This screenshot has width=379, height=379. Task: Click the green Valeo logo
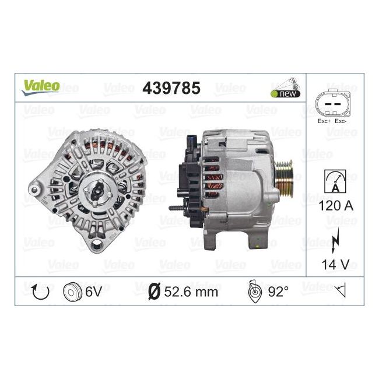pos(41,87)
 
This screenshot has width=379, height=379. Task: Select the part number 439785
pos(171,88)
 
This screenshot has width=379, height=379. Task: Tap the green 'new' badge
pos(286,93)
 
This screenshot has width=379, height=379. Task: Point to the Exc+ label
pos(324,121)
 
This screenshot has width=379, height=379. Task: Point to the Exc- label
pos(341,121)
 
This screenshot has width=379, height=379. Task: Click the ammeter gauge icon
pos(335,181)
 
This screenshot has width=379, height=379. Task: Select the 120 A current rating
pos(336,206)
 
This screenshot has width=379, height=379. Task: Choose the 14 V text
pos(335,265)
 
